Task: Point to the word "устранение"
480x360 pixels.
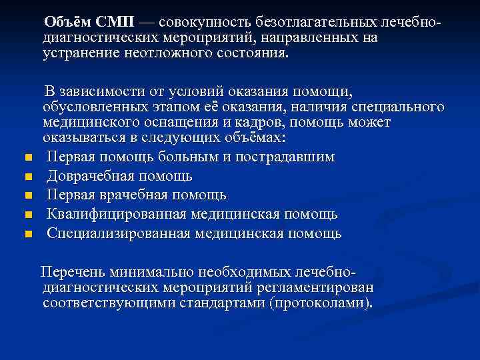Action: pyautogui.click(x=81, y=53)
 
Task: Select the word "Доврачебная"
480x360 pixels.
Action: pyautogui.click(x=91, y=177)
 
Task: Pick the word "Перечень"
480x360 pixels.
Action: pyautogui.click(x=71, y=272)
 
